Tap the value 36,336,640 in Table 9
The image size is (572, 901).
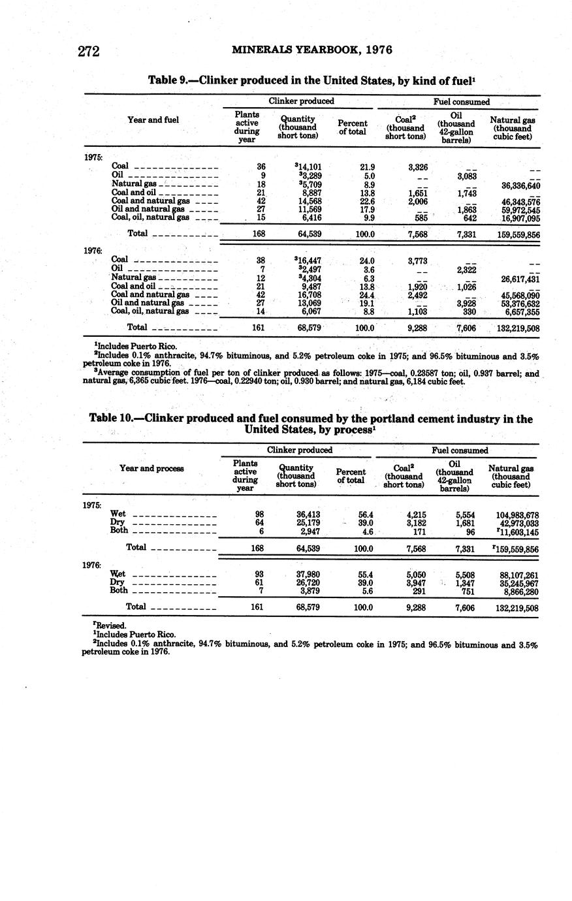point(520,185)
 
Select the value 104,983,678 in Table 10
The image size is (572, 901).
point(517,515)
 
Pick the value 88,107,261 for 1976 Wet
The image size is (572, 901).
point(518,575)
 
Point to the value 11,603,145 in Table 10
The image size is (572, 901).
point(518,532)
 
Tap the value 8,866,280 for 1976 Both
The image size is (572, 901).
point(519,592)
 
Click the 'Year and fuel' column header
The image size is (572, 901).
point(153,119)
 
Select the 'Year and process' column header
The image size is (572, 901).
point(151,468)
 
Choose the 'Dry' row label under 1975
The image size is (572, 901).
point(118,523)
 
